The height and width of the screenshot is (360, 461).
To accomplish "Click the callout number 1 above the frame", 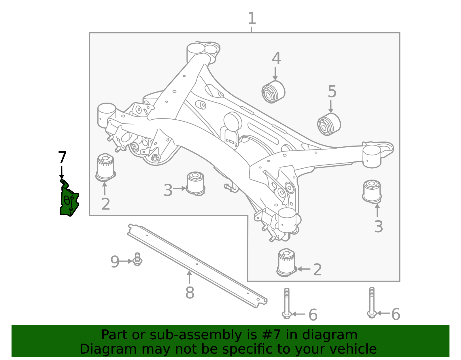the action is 252,18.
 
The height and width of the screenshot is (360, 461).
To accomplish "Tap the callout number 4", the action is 276,58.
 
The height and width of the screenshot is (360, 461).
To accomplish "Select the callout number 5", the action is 332,91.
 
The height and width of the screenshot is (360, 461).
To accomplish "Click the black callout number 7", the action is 62,157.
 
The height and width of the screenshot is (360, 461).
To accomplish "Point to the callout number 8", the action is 190,293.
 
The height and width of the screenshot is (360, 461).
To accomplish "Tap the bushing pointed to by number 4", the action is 273,92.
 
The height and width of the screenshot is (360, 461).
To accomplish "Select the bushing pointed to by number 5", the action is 329,125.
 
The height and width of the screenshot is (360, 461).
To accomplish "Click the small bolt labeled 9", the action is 137,259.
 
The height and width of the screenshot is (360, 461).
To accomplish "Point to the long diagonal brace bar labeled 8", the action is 197,266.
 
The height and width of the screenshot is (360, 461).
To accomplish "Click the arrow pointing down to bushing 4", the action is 275,74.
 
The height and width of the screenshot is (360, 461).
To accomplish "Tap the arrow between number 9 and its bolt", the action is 126,261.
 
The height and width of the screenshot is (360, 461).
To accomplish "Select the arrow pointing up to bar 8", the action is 189,277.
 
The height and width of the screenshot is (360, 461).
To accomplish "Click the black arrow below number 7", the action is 62,172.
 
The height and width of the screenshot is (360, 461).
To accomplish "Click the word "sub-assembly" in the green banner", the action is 196,335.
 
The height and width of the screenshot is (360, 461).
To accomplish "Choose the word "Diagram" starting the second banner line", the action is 108,349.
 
